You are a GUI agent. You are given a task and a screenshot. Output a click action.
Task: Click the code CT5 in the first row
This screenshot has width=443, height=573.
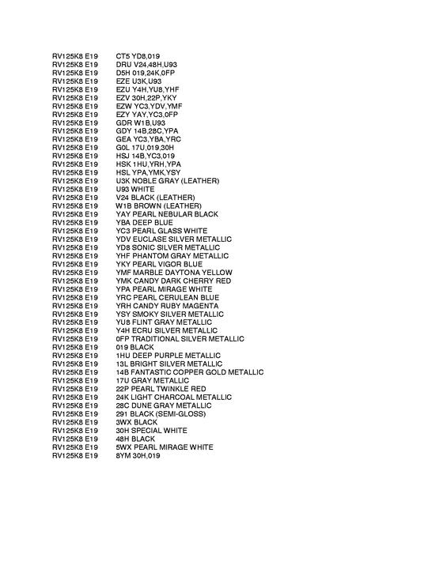(123, 56)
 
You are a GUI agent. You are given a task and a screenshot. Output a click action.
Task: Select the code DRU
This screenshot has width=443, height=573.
(123, 64)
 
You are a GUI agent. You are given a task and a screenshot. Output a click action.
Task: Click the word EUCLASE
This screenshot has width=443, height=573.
(151, 239)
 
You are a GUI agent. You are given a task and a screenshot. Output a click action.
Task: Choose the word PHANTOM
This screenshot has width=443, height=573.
(151, 256)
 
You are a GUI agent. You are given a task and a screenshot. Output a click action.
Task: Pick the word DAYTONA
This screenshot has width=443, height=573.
(184, 273)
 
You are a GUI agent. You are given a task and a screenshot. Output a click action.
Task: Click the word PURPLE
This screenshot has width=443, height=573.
(168, 356)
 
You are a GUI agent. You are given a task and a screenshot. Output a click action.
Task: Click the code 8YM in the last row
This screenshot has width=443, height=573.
(123, 456)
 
